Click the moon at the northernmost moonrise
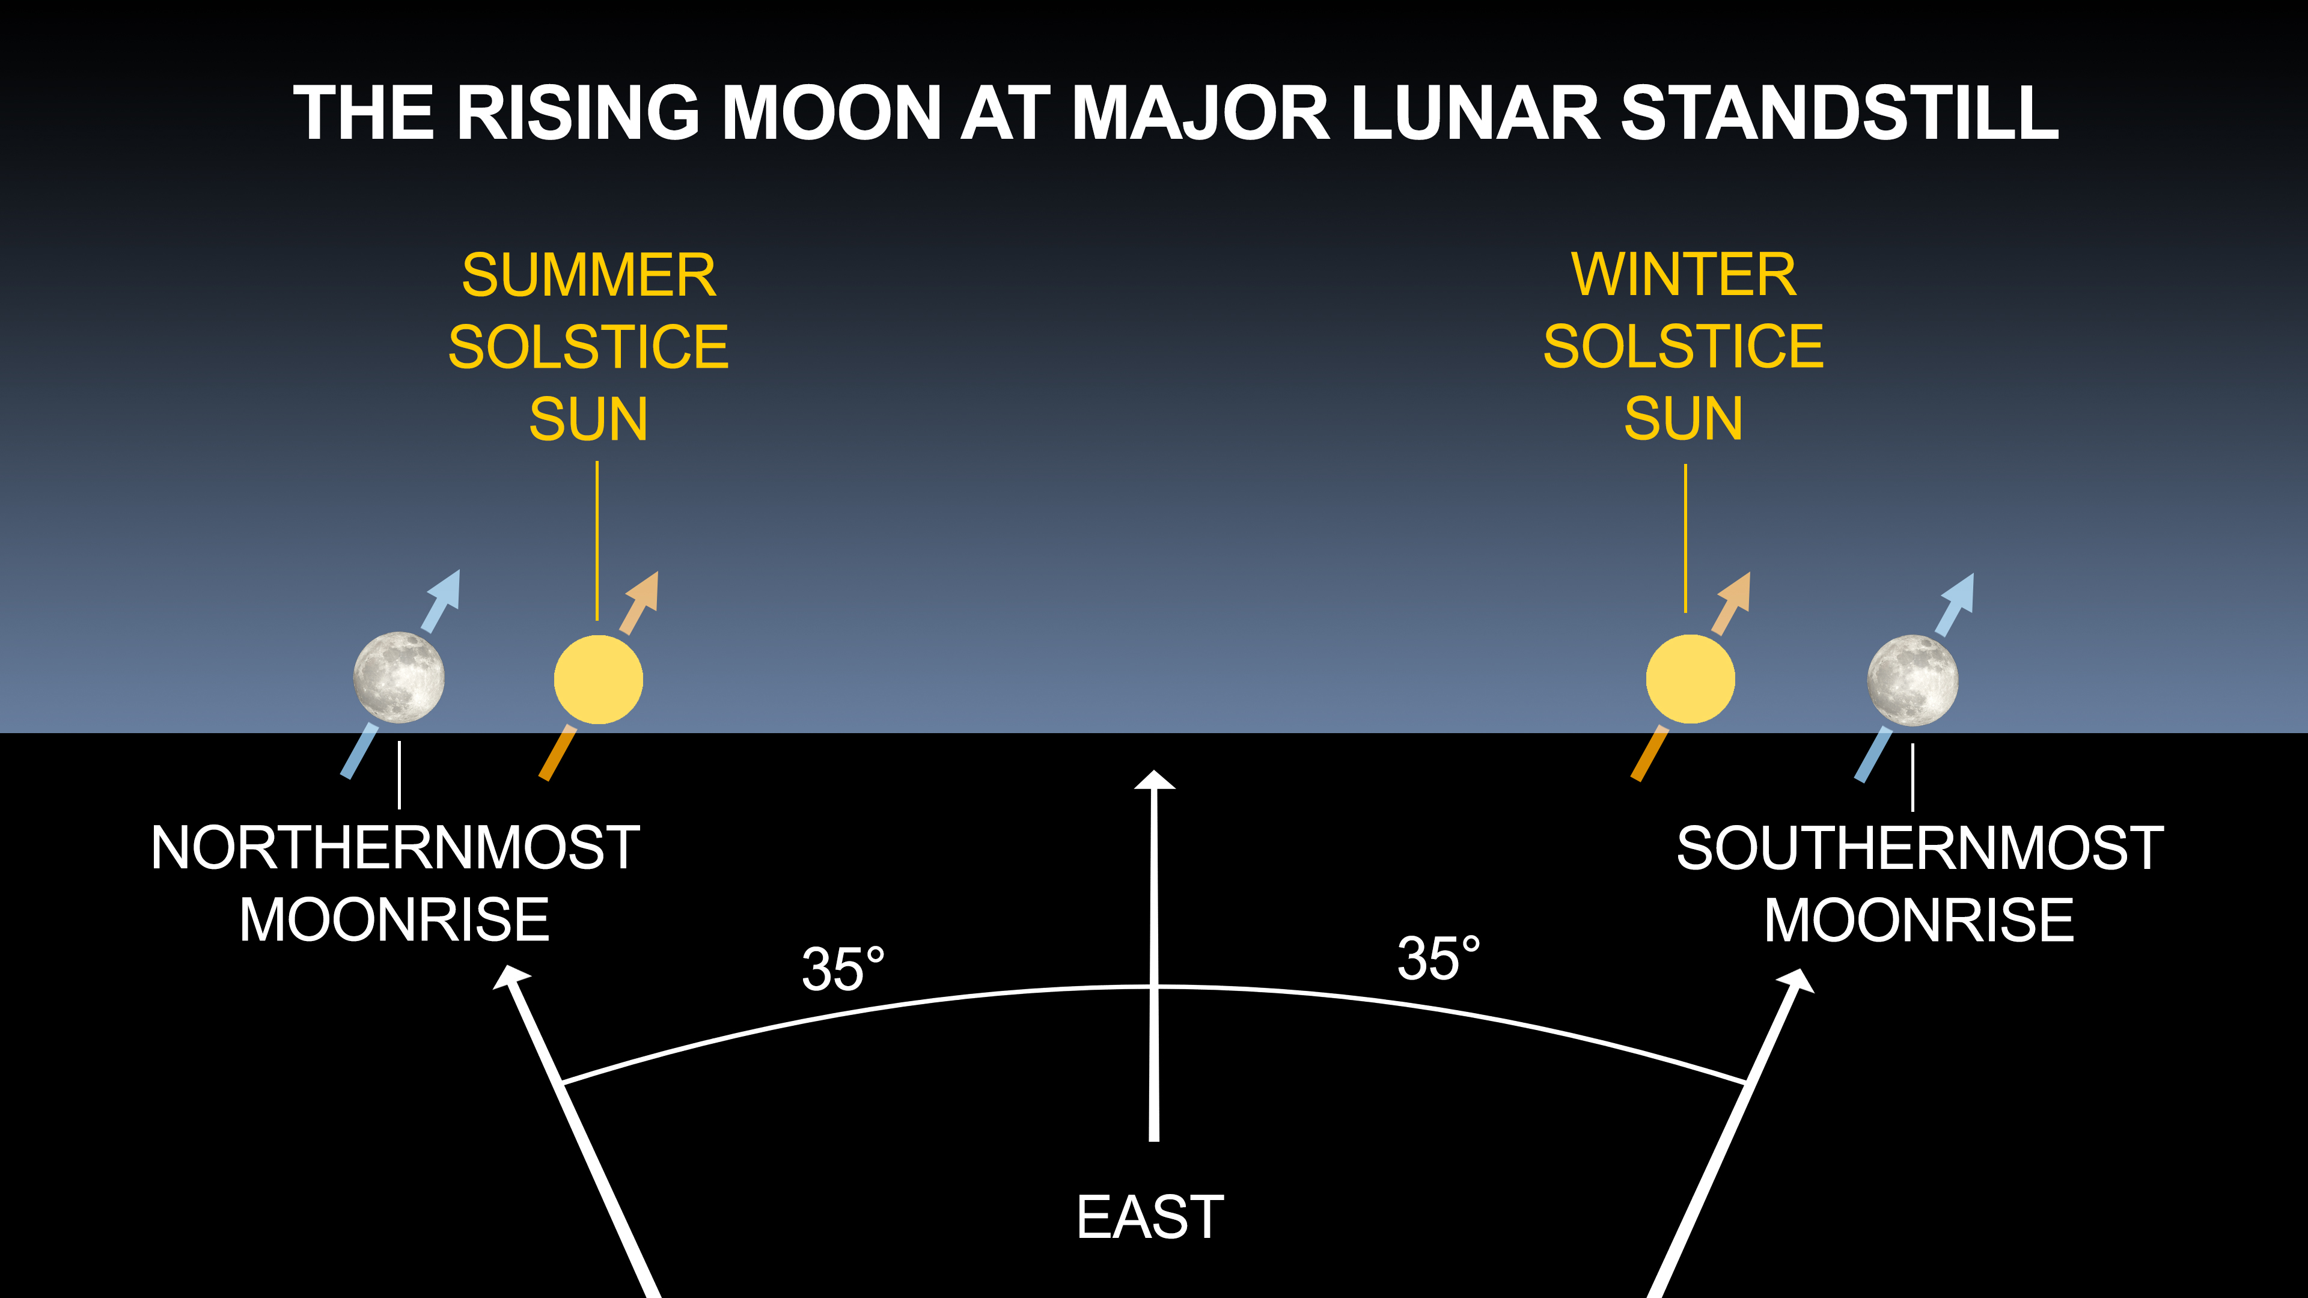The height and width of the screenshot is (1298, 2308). point(398,677)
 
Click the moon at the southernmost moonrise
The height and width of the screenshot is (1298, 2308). point(1912,680)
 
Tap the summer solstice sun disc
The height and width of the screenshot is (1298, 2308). point(599,679)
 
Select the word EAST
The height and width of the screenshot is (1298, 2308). point(1150,1217)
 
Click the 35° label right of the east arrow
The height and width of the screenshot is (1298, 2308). point(1439,958)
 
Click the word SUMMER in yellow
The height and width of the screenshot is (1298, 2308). point(588,275)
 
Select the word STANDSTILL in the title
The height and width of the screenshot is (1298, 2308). point(1839,113)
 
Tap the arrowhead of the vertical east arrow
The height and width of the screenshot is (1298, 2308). point(1154,779)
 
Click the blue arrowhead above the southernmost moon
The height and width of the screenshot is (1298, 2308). point(1959,593)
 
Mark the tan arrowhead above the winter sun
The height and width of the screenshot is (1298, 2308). point(1735,591)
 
